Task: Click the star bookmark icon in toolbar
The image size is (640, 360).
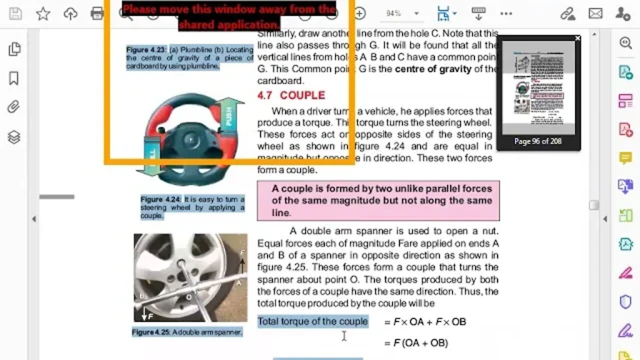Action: pos(43,14)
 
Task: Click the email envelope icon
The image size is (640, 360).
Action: pos(595,14)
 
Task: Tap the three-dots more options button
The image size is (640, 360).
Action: pos(506,14)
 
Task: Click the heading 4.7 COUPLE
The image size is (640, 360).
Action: pos(291,95)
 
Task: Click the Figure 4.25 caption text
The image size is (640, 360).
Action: pos(187,332)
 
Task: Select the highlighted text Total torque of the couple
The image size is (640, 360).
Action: pos(313,321)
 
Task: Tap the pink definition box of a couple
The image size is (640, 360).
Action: pos(378,200)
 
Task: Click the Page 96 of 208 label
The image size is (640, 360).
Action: pos(538,141)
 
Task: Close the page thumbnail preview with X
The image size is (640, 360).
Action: pos(577,38)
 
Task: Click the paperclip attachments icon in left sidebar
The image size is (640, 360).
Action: pos(14,106)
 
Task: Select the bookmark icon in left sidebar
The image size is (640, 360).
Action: pos(14,78)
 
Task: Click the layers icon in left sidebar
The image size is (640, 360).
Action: pos(14,136)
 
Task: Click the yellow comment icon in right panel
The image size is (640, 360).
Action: pos(625,158)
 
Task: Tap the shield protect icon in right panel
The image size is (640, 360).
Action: pos(625,301)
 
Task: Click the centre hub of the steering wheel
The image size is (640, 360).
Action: pos(189,138)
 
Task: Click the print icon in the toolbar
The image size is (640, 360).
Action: pos(97,14)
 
